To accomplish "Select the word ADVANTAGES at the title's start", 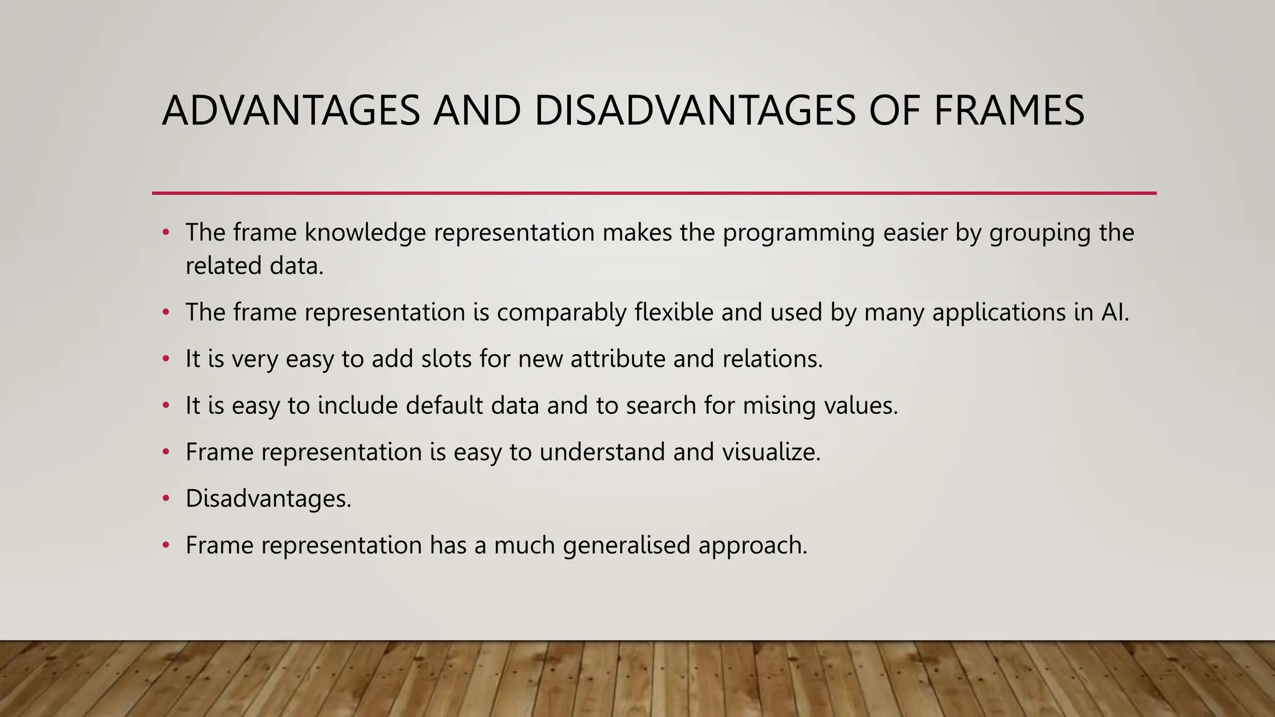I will tap(291, 111).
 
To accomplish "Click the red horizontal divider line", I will tap(654, 194).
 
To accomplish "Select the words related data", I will tap(254, 266).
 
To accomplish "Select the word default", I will tap(444, 406).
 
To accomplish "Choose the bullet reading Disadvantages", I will tap(268, 499).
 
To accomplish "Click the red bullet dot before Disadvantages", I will tap(166, 499).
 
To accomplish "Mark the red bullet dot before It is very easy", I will tap(166, 359).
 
